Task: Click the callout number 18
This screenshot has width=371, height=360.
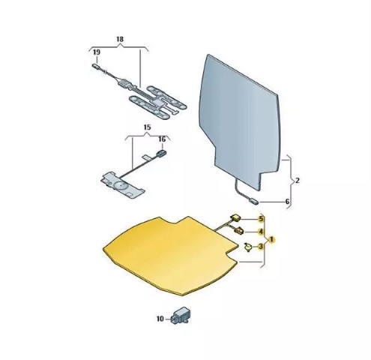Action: (x=120, y=39)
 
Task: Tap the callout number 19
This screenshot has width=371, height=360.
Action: (x=97, y=52)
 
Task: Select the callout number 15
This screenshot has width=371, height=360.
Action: (x=148, y=127)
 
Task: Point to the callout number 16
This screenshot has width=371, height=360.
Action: (x=162, y=139)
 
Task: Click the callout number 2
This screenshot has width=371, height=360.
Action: (x=298, y=180)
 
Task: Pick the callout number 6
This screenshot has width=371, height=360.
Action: (x=287, y=201)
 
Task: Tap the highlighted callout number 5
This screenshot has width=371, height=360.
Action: (x=261, y=219)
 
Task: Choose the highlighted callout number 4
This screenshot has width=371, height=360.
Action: (x=261, y=232)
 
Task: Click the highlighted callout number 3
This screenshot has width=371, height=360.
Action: (x=261, y=247)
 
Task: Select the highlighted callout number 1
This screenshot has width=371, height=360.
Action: (x=271, y=239)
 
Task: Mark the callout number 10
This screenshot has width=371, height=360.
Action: (x=160, y=319)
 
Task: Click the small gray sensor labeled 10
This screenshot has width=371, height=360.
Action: (x=181, y=315)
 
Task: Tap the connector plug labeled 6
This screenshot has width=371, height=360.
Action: (x=254, y=201)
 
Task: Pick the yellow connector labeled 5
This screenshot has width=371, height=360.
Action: (x=235, y=217)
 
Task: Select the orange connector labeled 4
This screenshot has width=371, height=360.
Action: (x=239, y=230)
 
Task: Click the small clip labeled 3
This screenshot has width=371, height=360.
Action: (x=248, y=247)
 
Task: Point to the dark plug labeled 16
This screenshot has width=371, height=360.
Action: (x=161, y=153)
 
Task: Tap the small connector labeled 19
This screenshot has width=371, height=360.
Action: (x=96, y=66)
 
